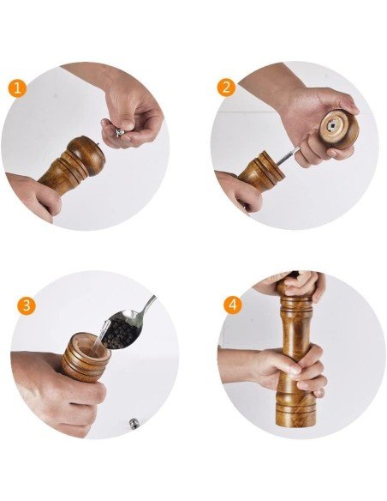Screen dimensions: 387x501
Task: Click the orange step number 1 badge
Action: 17,88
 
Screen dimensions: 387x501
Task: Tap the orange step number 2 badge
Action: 227,88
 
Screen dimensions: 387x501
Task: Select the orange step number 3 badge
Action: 27,305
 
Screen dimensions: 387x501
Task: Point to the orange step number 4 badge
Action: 233,305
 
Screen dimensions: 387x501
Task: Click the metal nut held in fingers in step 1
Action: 120,132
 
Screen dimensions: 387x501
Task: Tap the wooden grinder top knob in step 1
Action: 86,155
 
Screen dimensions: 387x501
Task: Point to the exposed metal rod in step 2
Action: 288,156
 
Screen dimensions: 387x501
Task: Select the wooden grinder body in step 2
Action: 259,170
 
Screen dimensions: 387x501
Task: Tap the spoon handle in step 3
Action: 148,307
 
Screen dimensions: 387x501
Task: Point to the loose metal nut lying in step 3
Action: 134,424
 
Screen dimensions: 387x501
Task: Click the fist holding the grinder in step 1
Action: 35,196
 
